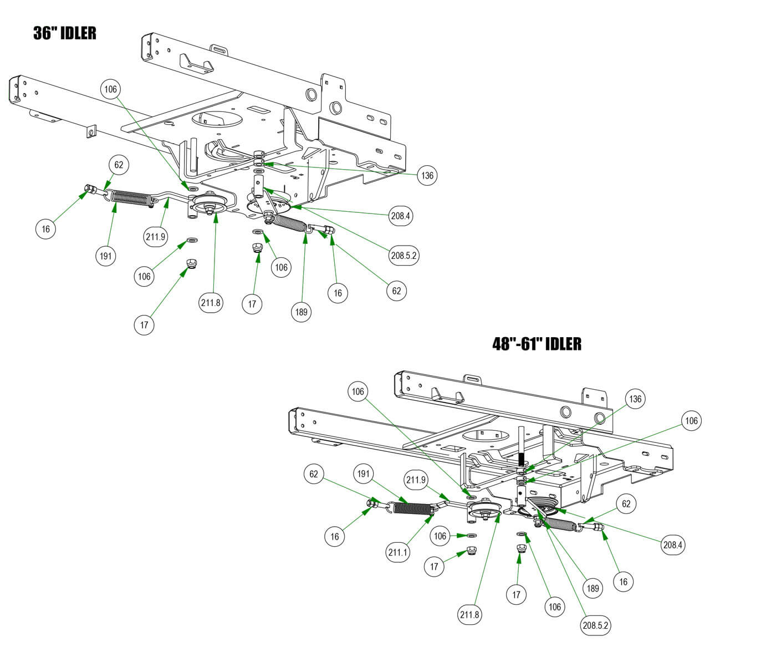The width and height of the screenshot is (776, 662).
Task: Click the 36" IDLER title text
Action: [64, 33]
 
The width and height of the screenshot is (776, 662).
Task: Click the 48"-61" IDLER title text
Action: [537, 344]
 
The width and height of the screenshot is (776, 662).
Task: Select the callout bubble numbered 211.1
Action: [398, 552]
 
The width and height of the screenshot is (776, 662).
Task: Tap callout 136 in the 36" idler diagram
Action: [427, 176]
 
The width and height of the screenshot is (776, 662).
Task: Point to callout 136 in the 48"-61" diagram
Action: [635, 399]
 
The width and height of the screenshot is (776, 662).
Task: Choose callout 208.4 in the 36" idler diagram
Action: [400, 216]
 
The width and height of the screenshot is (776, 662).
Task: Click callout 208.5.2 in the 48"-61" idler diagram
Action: [596, 625]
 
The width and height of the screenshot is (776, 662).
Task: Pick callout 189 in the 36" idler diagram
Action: [301, 312]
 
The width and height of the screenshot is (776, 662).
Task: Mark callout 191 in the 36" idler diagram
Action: [105, 256]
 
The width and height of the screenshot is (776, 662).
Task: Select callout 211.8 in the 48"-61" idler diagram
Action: [469, 614]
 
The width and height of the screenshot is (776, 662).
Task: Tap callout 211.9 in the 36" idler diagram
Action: [156, 237]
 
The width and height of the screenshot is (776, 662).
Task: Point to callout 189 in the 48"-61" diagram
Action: [593, 588]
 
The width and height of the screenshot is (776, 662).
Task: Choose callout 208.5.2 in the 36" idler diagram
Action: [404, 256]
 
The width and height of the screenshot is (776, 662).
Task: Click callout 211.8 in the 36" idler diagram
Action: [211, 302]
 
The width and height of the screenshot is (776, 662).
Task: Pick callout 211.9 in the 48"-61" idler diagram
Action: [416, 480]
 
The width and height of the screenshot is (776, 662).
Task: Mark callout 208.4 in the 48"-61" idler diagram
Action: [673, 544]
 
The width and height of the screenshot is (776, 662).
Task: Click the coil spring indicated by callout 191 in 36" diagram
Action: [131, 198]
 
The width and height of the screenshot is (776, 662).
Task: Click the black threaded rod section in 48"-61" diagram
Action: [521, 460]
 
